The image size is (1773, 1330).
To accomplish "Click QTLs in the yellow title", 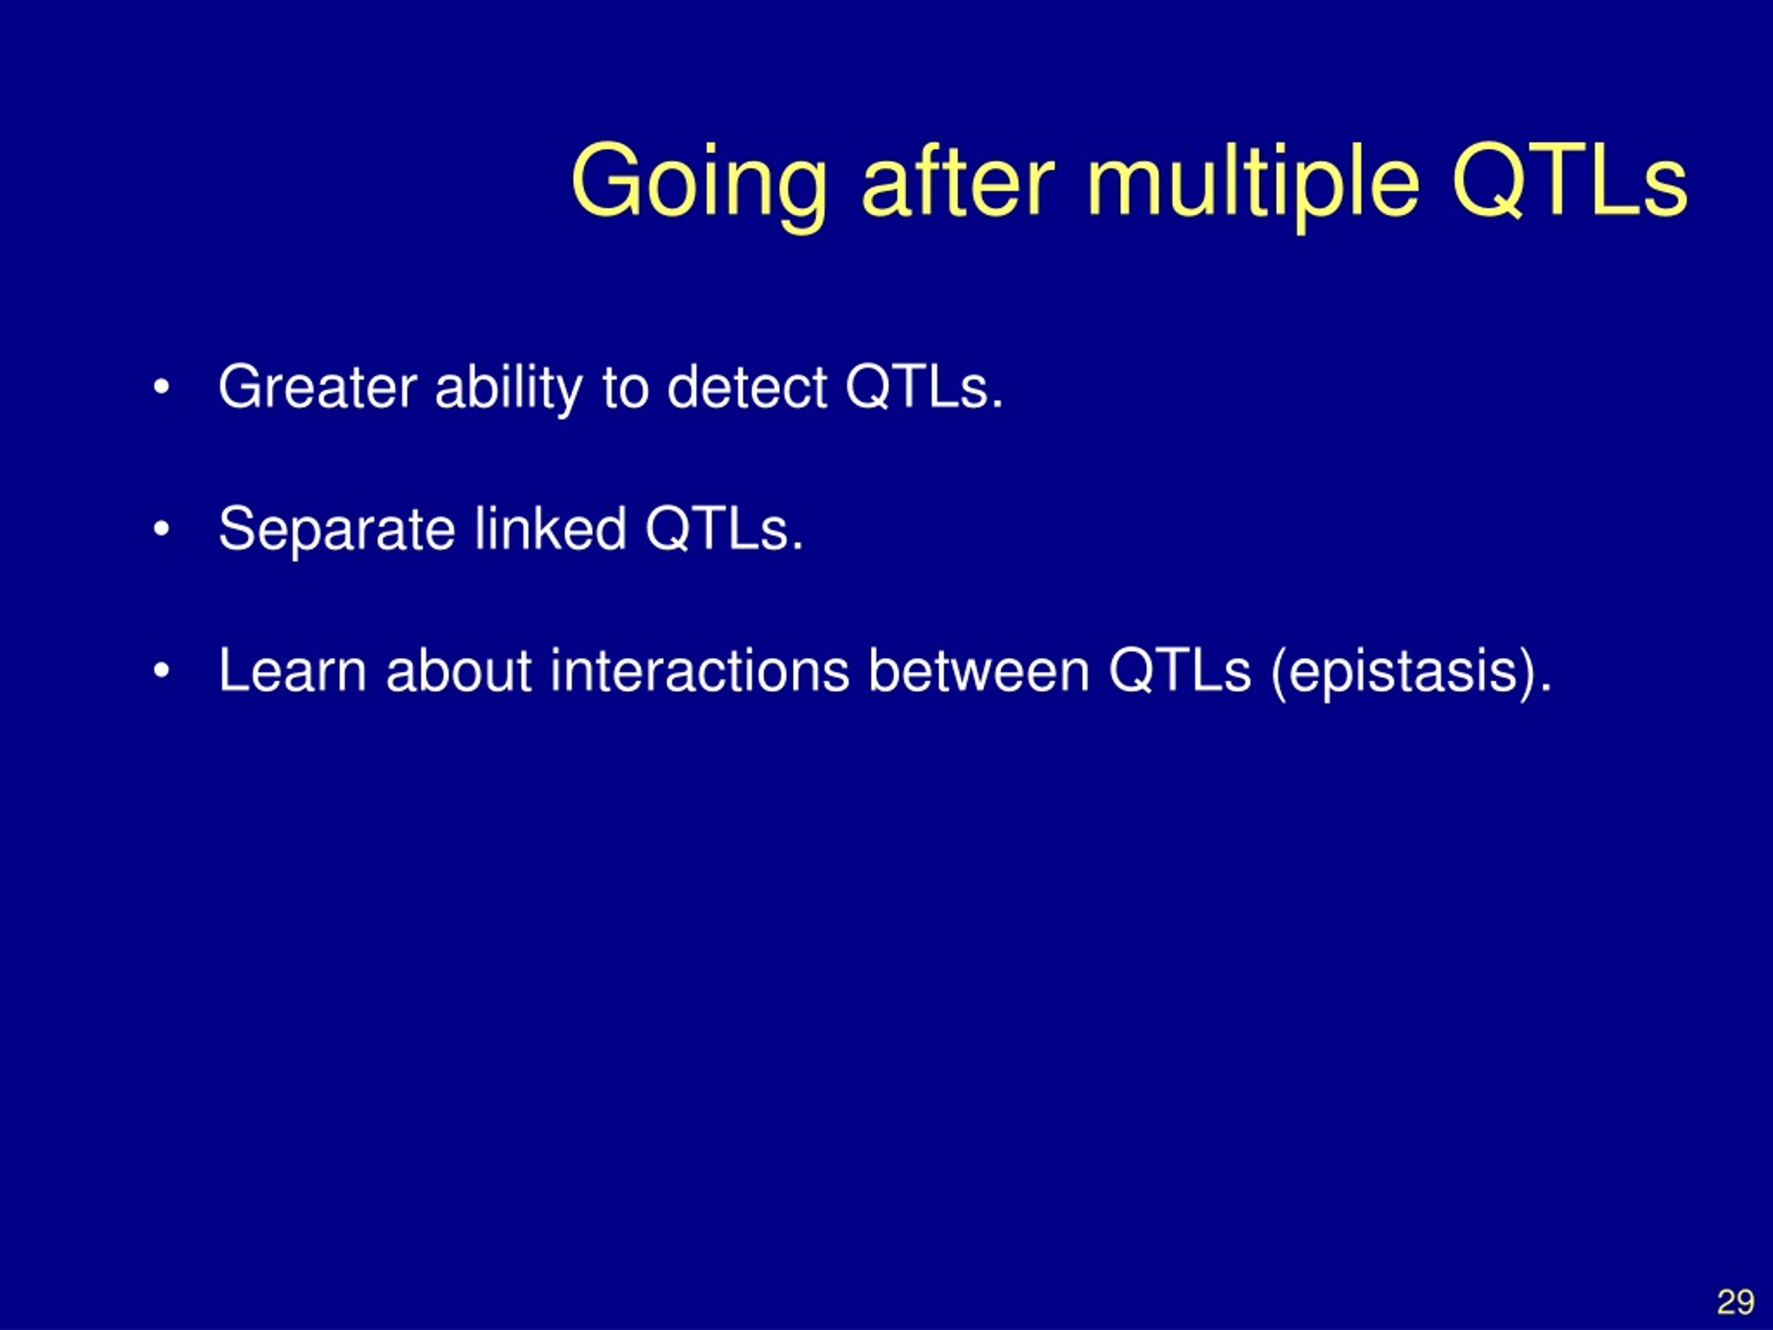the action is [1570, 180].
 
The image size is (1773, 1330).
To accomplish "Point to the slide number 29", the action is [1736, 1302].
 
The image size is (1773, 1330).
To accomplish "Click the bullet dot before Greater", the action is [161, 388].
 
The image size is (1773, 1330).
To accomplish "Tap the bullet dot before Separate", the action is [161, 530].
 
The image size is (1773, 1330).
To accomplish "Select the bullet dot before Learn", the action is [161, 671].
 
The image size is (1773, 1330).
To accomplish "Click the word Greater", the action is [317, 387].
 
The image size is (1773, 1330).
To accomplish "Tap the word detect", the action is [747, 388].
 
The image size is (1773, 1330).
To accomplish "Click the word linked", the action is [551, 529].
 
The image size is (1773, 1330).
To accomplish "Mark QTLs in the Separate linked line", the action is [724, 530].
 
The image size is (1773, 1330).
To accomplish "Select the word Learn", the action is [292, 671].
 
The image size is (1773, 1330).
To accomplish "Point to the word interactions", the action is [700, 671].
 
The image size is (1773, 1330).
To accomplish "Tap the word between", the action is [979, 671].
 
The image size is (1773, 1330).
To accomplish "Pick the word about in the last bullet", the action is [459, 671].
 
